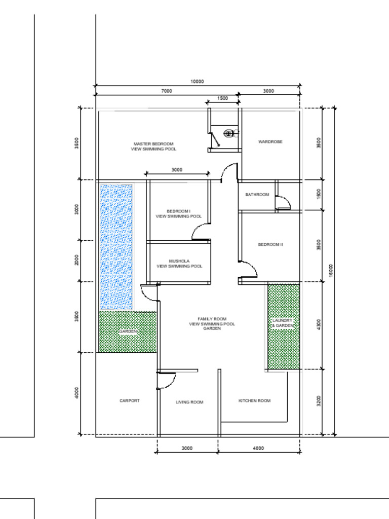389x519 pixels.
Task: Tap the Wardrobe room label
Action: click(x=270, y=142)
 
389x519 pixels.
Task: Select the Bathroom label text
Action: click(x=257, y=195)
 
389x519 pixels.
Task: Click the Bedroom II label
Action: click(x=270, y=244)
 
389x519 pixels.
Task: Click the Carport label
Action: click(x=130, y=400)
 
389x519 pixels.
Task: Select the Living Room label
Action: click(x=189, y=402)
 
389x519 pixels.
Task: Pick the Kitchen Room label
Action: click(x=254, y=400)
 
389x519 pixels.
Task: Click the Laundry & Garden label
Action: click(x=283, y=323)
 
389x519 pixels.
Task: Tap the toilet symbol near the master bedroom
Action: click(x=228, y=133)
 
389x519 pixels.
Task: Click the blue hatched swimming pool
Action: click(x=116, y=246)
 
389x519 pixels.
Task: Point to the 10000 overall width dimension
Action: click(x=197, y=82)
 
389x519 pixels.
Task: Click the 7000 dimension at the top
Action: click(x=167, y=91)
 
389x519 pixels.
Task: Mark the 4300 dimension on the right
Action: click(x=319, y=325)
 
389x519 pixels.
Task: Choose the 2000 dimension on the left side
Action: click(x=77, y=260)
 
